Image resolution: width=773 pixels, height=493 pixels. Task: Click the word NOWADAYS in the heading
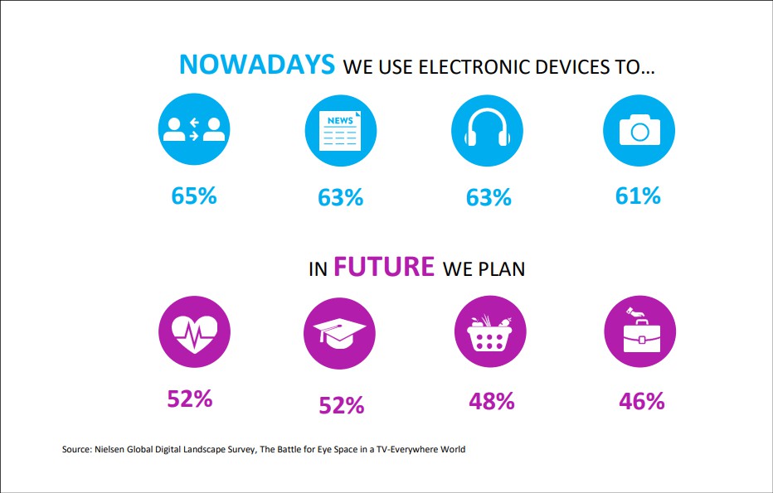point(257,65)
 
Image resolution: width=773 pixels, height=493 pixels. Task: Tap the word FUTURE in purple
point(384,267)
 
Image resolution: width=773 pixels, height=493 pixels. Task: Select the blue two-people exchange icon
point(194,129)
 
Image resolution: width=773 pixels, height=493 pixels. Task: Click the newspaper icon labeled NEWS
point(341,131)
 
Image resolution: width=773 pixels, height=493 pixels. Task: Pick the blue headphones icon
point(487,131)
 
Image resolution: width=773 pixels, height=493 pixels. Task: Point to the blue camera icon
point(639,131)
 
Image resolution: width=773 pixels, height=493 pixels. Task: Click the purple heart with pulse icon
point(194,331)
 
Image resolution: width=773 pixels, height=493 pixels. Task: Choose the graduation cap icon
point(340,333)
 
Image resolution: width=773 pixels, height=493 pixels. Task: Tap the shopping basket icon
point(490,331)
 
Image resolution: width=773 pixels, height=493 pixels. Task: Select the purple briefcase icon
point(640,331)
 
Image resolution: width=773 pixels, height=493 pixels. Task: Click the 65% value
point(194,196)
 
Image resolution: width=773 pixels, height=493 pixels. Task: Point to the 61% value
point(638,196)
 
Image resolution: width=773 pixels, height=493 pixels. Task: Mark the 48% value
point(492,401)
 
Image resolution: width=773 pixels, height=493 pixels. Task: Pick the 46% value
point(642,401)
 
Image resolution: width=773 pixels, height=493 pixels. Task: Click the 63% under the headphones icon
point(489,197)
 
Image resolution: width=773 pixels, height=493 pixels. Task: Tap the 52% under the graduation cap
point(342,405)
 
